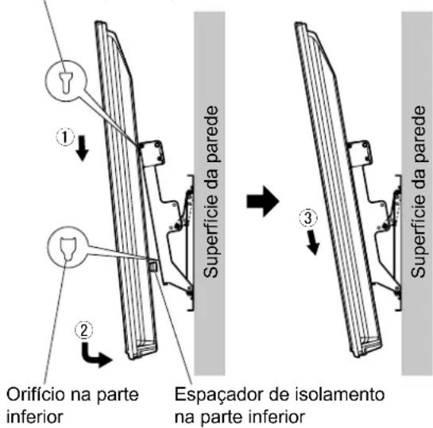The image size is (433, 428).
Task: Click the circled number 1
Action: tap(65, 137)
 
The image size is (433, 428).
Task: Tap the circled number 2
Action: tap(84, 330)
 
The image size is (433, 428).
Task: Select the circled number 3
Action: tap(308, 219)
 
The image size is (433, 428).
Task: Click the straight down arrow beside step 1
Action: tap(83, 148)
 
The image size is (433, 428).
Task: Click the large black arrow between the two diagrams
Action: tap(263, 202)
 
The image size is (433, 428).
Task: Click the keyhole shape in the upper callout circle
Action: tap(66, 83)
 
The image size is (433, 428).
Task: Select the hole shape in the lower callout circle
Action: tap(68, 249)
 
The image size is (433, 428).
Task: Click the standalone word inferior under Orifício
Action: tap(34, 417)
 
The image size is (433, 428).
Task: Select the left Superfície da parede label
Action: tap(211, 191)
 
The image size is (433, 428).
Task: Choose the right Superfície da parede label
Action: tap(418, 191)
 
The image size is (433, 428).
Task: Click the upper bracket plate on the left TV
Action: tap(151, 153)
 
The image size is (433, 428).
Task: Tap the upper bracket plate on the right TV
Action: tap(360, 153)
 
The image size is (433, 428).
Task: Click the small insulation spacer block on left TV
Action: tap(153, 267)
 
